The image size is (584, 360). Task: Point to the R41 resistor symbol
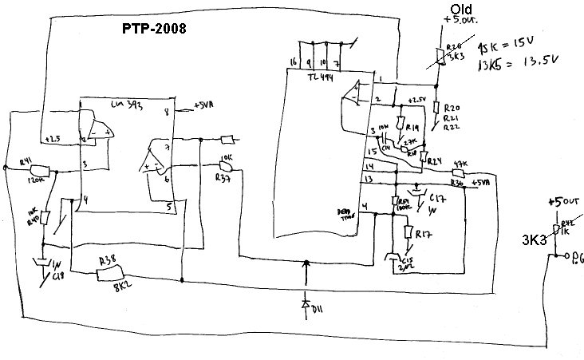tap(40, 169)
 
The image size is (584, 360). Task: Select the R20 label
tap(452, 108)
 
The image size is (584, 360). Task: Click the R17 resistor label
tap(424, 234)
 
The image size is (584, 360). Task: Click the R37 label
tap(223, 180)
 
